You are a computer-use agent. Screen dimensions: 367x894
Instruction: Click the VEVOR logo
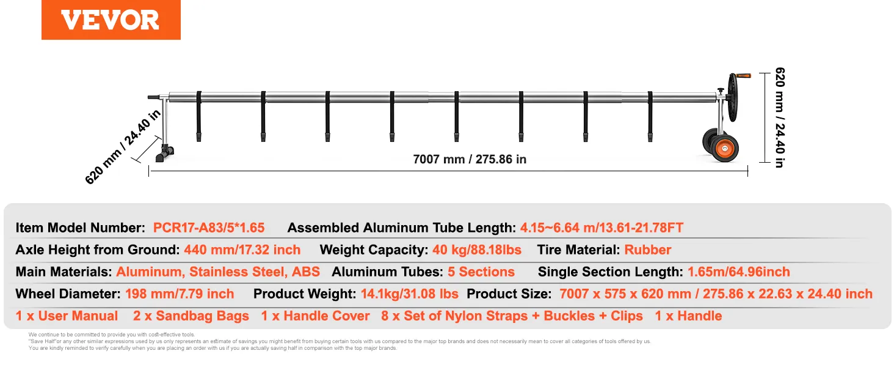111,20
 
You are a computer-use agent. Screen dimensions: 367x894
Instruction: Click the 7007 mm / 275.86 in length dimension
470,159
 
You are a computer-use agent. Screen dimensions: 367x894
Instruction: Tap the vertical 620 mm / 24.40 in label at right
779,117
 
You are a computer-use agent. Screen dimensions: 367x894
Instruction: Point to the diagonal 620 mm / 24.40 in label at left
123,146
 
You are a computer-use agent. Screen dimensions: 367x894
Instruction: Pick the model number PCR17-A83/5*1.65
209,228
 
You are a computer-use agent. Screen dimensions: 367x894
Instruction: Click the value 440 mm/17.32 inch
242,250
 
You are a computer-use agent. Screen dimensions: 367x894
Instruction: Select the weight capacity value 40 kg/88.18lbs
477,250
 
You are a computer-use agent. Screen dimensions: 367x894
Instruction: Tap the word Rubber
647,250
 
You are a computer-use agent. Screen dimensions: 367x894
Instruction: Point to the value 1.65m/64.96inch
738,272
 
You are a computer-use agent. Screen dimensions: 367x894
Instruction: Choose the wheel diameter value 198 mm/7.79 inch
180,294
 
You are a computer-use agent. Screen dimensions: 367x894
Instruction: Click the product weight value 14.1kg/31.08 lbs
409,294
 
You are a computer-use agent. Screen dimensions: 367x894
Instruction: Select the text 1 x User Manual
67,316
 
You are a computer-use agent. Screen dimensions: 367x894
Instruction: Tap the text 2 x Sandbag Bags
191,316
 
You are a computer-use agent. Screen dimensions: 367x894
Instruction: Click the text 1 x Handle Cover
315,316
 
